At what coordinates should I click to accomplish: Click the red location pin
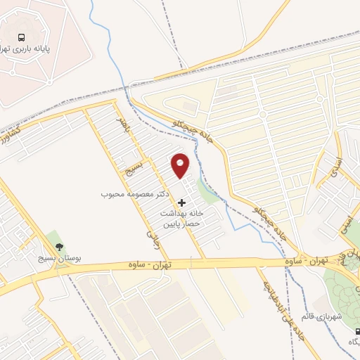181,165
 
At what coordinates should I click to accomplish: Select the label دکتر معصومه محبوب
136,192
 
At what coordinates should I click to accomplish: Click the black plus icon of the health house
183,202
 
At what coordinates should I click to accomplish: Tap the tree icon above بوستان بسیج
58,247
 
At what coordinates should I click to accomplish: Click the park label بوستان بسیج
58,259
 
